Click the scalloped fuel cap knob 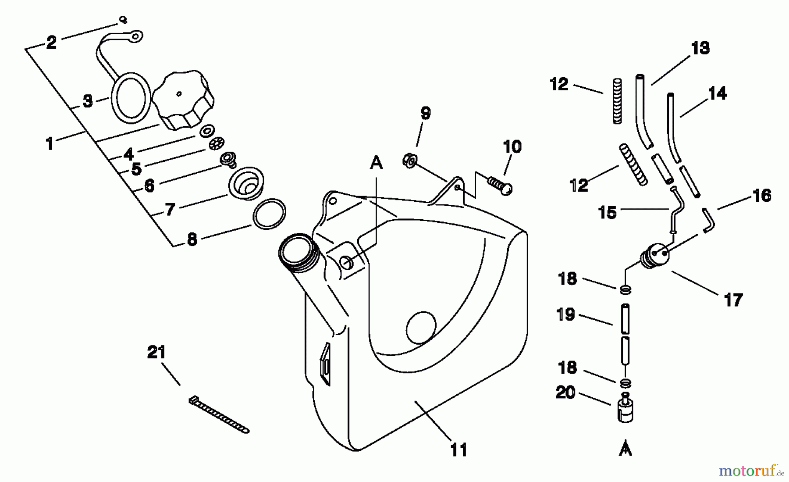coord(184,102)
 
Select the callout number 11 coord(458,450)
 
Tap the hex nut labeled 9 coord(409,161)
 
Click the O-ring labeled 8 coord(269,214)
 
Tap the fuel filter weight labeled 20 coord(626,408)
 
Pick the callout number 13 coord(700,48)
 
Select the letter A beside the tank coord(377,163)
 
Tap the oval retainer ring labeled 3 coord(130,97)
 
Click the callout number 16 coord(762,196)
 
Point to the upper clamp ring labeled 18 coord(626,289)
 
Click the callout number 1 coord(50,143)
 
